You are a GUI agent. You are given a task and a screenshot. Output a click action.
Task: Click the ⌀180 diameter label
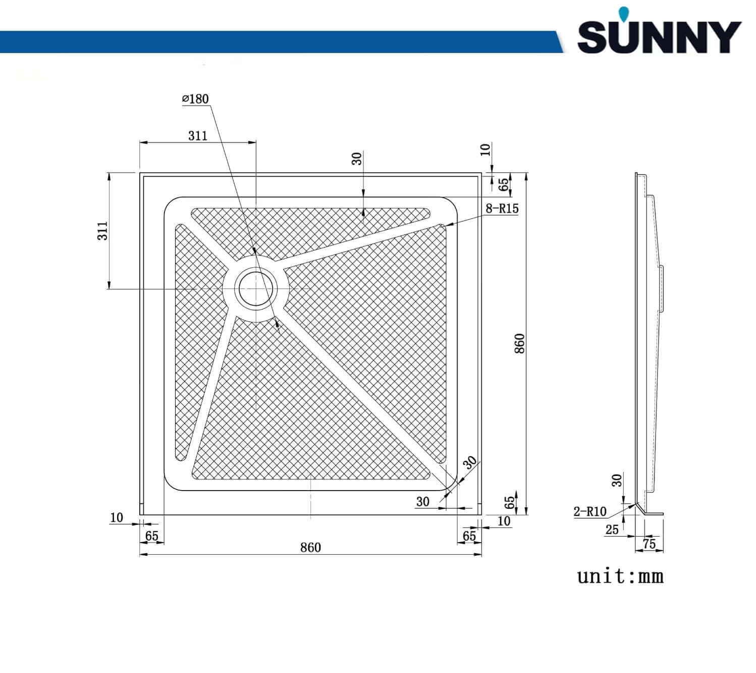[195, 99]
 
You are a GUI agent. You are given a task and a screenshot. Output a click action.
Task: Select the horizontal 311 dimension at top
[198, 135]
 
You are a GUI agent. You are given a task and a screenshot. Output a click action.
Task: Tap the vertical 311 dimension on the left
[102, 231]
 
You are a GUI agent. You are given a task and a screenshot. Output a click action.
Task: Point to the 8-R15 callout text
[502, 208]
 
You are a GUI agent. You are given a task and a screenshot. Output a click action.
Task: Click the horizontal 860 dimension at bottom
[310, 548]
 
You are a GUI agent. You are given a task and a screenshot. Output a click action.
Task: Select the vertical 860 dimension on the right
[519, 344]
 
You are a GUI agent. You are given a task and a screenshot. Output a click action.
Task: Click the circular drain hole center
[256, 289]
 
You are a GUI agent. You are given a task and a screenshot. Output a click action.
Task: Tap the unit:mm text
[620, 576]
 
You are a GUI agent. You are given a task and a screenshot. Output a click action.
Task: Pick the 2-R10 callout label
[589, 511]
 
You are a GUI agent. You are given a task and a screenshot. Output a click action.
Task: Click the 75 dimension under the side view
[649, 544]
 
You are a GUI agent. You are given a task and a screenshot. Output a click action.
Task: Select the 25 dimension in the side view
[612, 530]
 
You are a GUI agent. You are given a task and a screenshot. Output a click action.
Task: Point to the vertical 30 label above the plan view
[357, 159]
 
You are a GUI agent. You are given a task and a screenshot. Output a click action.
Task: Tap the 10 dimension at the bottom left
[116, 518]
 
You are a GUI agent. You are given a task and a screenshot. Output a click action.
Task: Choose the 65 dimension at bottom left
[151, 536]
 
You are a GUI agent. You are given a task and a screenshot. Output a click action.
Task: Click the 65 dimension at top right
[503, 184]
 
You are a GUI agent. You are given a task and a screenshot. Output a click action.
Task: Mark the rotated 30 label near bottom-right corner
[470, 462]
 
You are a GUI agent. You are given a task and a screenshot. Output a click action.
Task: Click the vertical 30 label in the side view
[617, 480]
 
